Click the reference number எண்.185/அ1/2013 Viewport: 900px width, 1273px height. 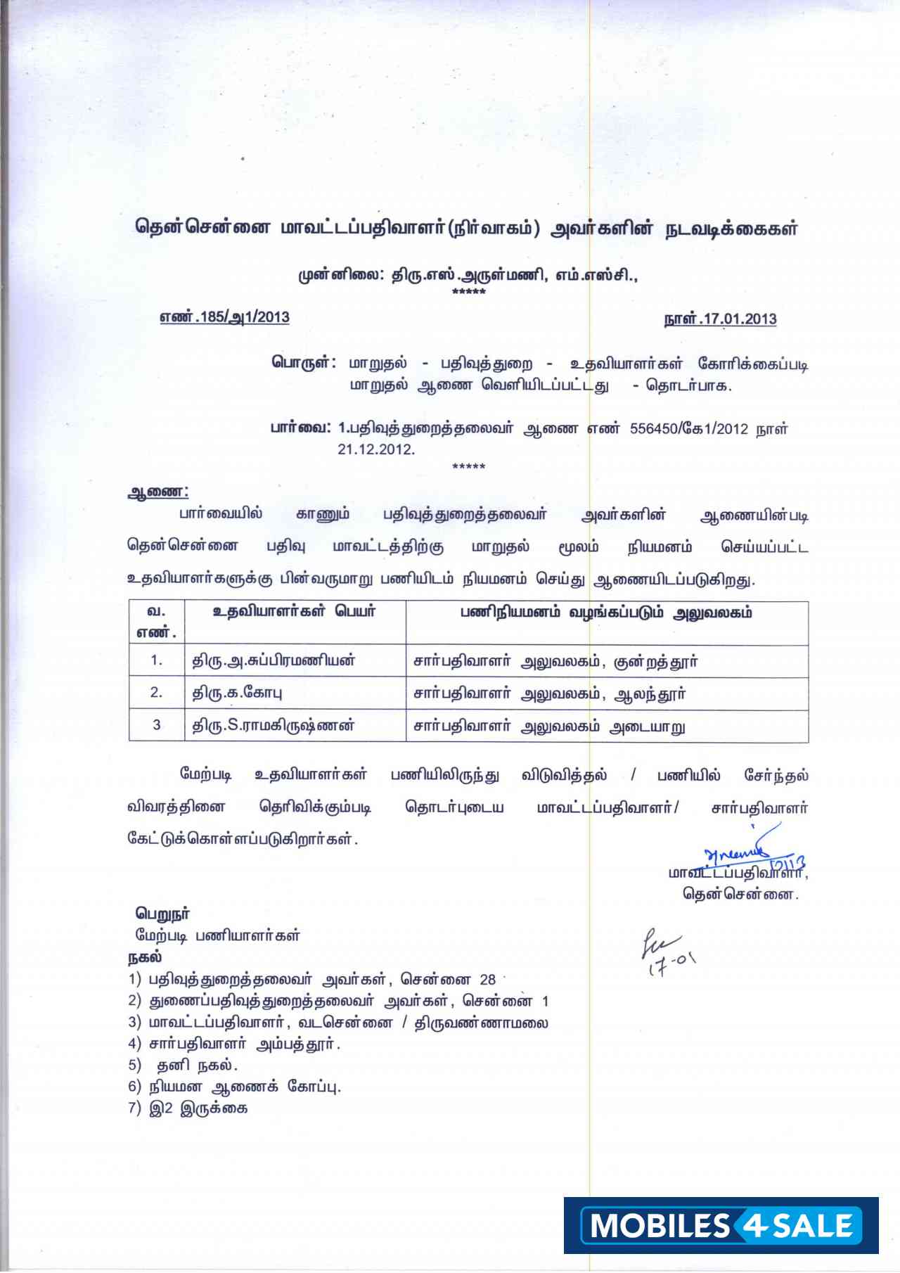(x=224, y=317)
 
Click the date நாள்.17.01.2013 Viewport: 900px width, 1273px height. (x=720, y=319)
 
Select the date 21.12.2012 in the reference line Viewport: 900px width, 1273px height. (x=376, y=449)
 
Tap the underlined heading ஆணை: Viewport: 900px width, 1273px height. (x=157, y=492)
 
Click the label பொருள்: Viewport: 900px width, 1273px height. (x=304, y=363)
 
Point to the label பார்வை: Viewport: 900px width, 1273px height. (x=301, y=428)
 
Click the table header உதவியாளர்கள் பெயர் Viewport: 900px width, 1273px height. (x=294, y=612)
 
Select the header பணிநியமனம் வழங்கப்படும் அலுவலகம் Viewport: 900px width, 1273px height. (x=606, y=613)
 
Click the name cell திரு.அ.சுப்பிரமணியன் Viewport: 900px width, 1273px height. (x=274, y=661)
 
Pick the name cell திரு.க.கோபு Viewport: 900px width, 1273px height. (x=238, y=693)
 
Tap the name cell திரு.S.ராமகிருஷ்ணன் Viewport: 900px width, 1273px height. (x=274, y=726)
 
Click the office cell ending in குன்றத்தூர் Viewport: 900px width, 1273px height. (x=555, y=662)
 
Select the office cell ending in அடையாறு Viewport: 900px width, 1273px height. (x=549, y=727)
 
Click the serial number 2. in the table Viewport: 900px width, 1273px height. (x=156, y=693)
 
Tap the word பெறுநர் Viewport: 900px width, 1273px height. (x=162, y=914)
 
